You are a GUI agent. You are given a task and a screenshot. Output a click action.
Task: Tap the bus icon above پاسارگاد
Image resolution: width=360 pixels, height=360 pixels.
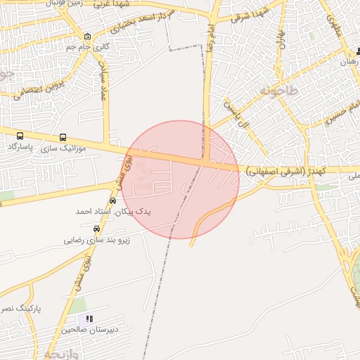(x=20, y=136)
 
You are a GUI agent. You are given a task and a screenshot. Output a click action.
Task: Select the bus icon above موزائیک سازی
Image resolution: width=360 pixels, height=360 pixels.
(x=63, y=138)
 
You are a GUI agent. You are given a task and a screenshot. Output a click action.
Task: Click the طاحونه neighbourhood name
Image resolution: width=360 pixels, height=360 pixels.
(x=279, y=91)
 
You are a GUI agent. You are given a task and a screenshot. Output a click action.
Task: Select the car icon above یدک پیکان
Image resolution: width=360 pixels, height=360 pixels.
(x=113, y=200)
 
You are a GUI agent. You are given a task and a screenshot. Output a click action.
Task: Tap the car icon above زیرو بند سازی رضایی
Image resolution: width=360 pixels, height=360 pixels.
(x=96, y=229)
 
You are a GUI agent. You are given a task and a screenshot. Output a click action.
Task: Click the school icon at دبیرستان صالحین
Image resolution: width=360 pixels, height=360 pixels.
(x=89, y=319)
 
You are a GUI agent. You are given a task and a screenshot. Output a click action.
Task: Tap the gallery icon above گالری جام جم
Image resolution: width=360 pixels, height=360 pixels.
(x=86, y=37)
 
